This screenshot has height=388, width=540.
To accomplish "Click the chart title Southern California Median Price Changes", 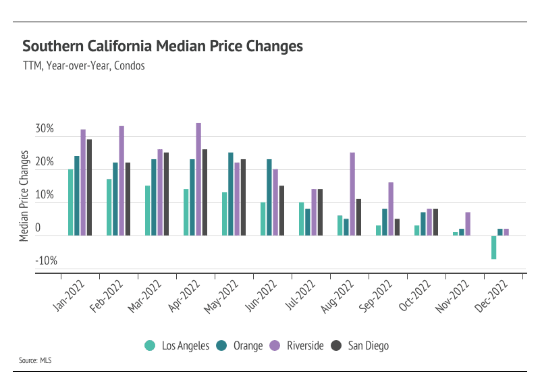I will [x=162, y=47].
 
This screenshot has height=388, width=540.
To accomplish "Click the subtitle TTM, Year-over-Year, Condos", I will [x=84, y=66].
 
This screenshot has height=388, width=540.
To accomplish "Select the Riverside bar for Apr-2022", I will [x=198, y=179].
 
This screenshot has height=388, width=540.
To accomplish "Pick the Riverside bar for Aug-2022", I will [x=352, y=194].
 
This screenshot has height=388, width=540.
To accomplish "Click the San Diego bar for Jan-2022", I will [x=90, y=187].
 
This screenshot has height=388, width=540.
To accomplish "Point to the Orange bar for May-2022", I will [x=231, y=194].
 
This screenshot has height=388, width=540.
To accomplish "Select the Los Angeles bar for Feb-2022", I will [x=109, y=207].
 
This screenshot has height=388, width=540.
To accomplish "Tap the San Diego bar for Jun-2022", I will [x=282, y=211].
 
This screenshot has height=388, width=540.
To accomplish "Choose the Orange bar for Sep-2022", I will [x=385, y=222].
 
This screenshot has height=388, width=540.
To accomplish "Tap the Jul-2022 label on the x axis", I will [x=301, y=297].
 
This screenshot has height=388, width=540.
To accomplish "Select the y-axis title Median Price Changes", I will [x=24, y=196].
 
